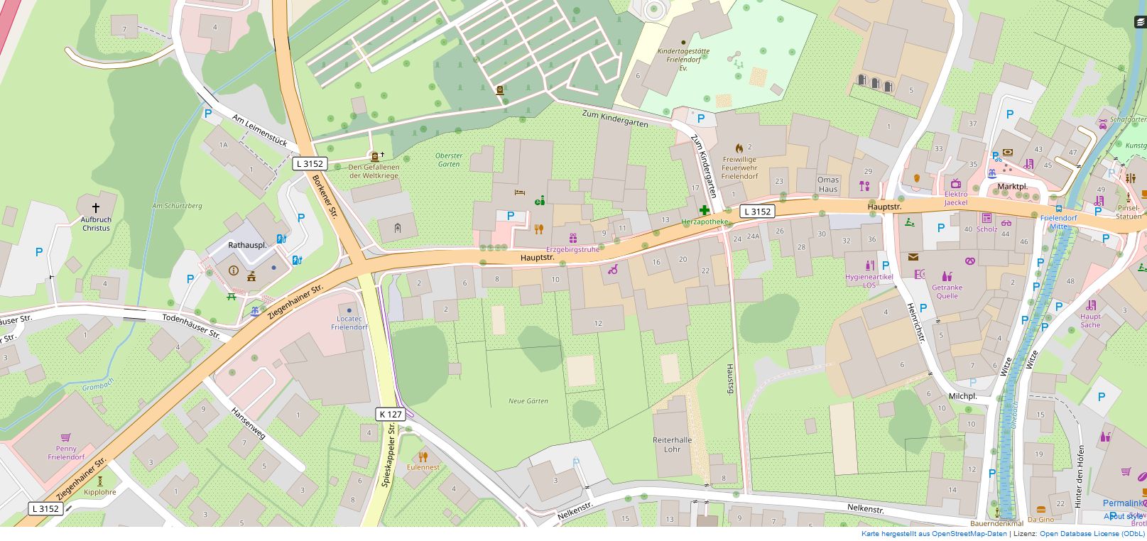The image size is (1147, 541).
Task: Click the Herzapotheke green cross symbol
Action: tap(704, 210)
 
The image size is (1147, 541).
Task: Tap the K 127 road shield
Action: tap(391, 414)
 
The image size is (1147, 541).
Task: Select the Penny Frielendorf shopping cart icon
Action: tap(66, 437)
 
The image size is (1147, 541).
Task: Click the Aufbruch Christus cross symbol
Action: tap(96, 208)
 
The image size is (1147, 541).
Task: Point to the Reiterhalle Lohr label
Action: tap(672, 444)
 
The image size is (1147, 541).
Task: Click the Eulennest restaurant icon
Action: tap(423, 457)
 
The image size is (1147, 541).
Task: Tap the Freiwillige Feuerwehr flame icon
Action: tap(739, 148)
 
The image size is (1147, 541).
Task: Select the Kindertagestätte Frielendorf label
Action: tap(683, 56)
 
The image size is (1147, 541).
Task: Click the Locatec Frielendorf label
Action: tap(349, 323)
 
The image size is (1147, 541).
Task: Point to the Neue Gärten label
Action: tap(528, 401)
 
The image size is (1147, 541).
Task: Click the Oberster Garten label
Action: tap(449, 160)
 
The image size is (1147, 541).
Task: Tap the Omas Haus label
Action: tap(828, 184)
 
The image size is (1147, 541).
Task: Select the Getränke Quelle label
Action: tap(947, 292)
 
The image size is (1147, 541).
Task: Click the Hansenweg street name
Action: tap(248, 422)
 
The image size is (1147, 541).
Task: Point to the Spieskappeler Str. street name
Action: tap(389, 454)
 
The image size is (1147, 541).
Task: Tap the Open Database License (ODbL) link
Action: tap(1092, 534)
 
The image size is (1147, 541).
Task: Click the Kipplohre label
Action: tap(99, 492)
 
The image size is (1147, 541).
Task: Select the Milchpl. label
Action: tap(962, 396)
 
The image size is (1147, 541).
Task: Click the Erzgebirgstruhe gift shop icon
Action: tap(572, 239)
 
